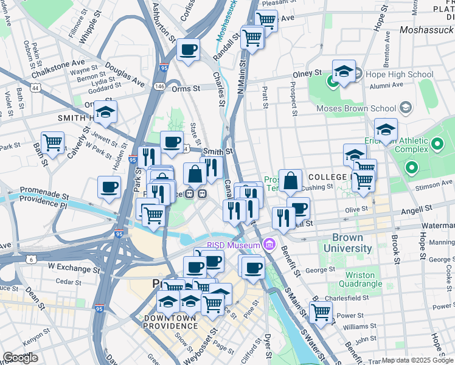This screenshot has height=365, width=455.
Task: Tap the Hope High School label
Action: [x=399, y=75]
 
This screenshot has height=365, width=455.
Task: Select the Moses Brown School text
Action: [x=356, y=109]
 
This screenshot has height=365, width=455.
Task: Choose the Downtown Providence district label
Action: [x=171, y=322]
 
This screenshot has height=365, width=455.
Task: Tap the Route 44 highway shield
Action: [x=36, y=88]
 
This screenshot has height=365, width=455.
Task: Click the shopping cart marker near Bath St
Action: [x=53, y=143]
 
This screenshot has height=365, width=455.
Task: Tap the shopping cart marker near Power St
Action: [x=321, y=312]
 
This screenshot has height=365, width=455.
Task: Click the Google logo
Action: [x=20, y=358]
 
